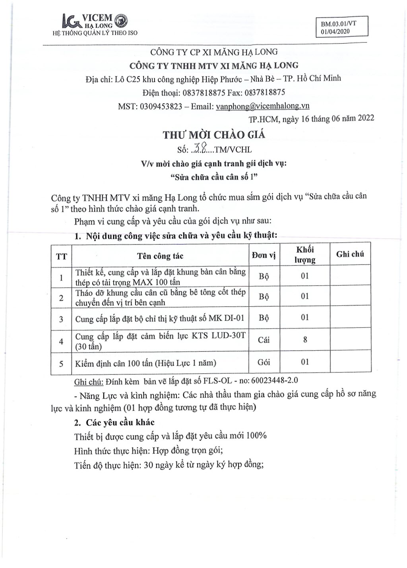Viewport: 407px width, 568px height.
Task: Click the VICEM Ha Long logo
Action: click(95, 21)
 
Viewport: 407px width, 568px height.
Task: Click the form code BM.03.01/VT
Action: click(338, 23)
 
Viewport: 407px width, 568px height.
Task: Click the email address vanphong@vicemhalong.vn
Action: click(262, 106)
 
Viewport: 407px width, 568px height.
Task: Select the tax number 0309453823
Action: click(161, 106)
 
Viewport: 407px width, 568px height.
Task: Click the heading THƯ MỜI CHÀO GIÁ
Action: click(213, 135)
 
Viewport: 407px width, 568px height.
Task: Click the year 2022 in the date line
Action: click(366, 118)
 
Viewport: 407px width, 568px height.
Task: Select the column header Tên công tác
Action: click(160, 256)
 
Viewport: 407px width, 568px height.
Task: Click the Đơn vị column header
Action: click(264, 255)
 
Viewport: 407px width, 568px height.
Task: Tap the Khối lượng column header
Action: click(305, 255)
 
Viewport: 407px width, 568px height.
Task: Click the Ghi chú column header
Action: click(350, 254)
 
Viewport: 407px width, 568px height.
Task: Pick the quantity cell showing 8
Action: click(305, 340)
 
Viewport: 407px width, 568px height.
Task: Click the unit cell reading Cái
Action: click(264, 340)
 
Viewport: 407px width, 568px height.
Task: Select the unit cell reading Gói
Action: click(264, 362)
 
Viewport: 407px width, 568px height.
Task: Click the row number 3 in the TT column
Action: click(61, 319)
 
